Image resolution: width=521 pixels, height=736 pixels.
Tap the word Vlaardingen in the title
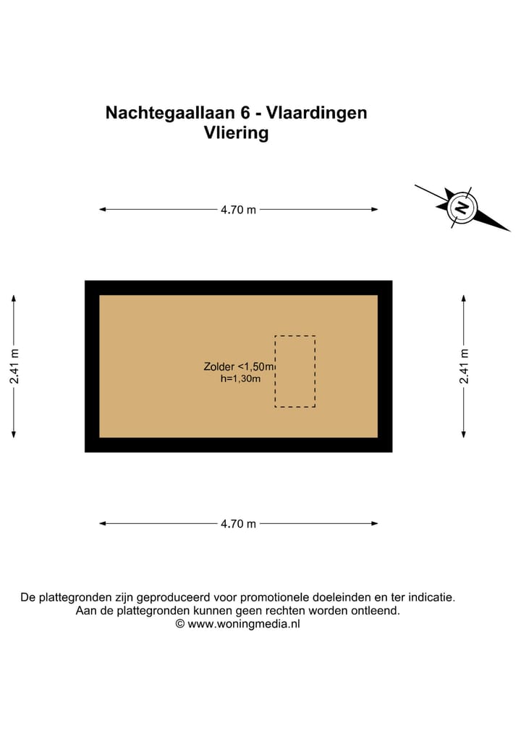pos(317,113)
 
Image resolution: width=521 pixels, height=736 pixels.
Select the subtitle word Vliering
pos(237,133)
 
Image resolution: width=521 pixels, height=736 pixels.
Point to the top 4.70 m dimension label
pos(238,210)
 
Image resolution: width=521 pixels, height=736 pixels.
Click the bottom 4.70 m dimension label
pos(238,524)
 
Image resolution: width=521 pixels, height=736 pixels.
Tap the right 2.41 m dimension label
pos(464,366)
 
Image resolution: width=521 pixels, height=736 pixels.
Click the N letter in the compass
pos(461,208)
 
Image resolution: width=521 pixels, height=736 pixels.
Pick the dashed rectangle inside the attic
pos(295,371)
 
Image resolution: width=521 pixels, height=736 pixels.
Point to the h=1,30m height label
pos(240,378)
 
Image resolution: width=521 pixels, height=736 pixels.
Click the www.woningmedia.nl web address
pos(244,624)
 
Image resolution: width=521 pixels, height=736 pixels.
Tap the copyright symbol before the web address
pos(180,624)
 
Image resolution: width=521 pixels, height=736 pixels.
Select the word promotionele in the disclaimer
pos(274,598)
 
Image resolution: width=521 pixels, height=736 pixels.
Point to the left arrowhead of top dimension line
pos(102,210)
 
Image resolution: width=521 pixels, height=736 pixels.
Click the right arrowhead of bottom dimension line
pos(375,524)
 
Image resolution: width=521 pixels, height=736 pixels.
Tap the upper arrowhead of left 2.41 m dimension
pos(14,297)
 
